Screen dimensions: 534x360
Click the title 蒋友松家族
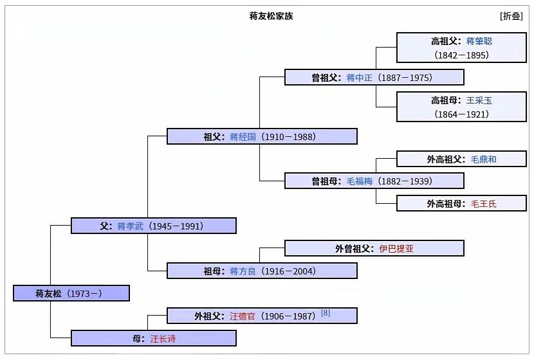[271, 16]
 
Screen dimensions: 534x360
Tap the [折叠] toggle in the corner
[511, 16]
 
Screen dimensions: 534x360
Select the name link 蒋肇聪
[479, 41]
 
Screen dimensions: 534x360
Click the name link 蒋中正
[359, 78]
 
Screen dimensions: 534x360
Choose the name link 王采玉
[479, 100]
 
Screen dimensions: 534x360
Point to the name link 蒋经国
[243, 137]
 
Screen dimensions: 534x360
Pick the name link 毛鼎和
[484, 159]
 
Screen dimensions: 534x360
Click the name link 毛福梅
[359, 181]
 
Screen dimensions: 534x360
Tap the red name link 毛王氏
[484, 204]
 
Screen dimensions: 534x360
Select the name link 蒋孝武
[130, 226]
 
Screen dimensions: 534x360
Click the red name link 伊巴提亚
[396, 249]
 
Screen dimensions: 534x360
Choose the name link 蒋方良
[243, 271]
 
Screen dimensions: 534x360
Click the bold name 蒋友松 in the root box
[48, 293]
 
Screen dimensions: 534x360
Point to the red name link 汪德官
[243, 316]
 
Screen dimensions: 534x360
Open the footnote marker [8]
[326, 312]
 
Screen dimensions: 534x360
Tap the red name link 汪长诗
[163, 339]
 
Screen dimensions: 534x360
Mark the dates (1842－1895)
[461, 55]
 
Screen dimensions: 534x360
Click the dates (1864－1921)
[461, 114]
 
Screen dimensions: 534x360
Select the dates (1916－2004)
[288, 271]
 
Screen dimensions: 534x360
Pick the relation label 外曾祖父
[354, 249]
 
